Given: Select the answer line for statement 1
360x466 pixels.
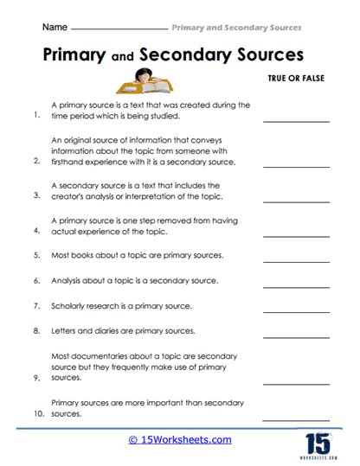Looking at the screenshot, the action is (291, 122).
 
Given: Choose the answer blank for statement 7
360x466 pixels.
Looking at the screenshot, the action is (291, 309).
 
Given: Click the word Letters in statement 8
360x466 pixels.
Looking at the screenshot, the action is (66, 330).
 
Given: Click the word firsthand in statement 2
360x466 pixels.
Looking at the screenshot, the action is (73, 161).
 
